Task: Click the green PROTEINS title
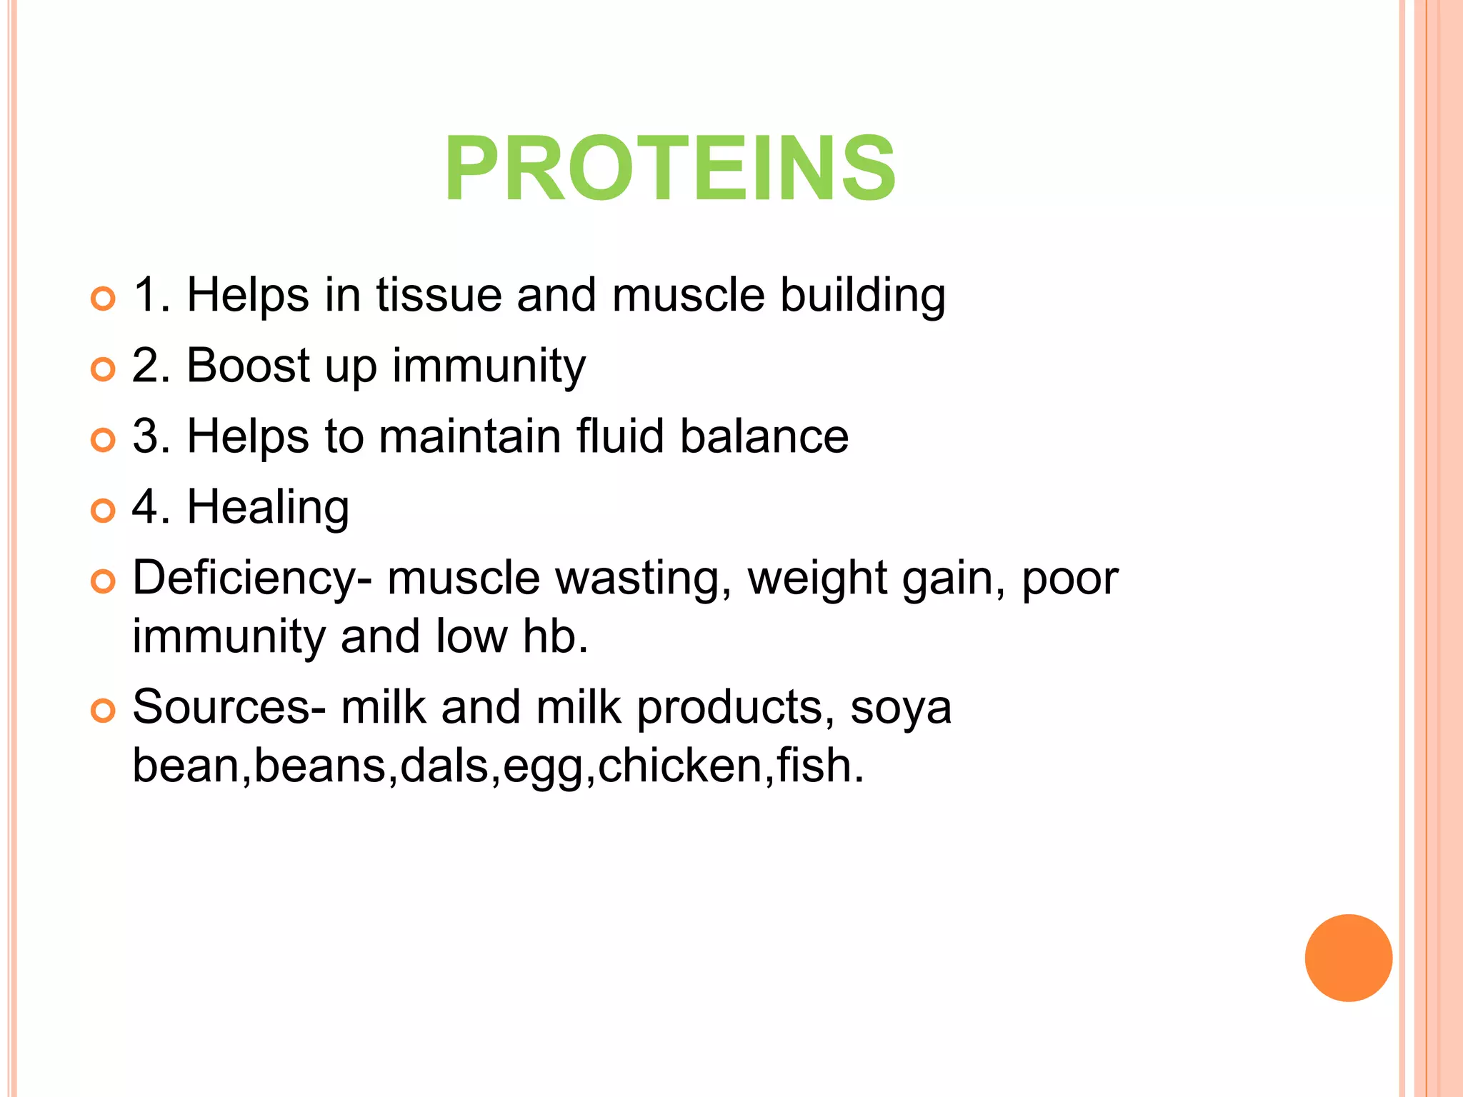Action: [669, 170]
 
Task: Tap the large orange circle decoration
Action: [1348, 958]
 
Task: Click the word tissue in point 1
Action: [439, 295]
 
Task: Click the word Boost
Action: [248, 366]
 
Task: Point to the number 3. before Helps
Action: [151, 436]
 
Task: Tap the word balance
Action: [764, 436]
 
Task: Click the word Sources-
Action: [229, 708]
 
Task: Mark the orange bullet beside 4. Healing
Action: [104, 511]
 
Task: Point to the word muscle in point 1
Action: [688, 295]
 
